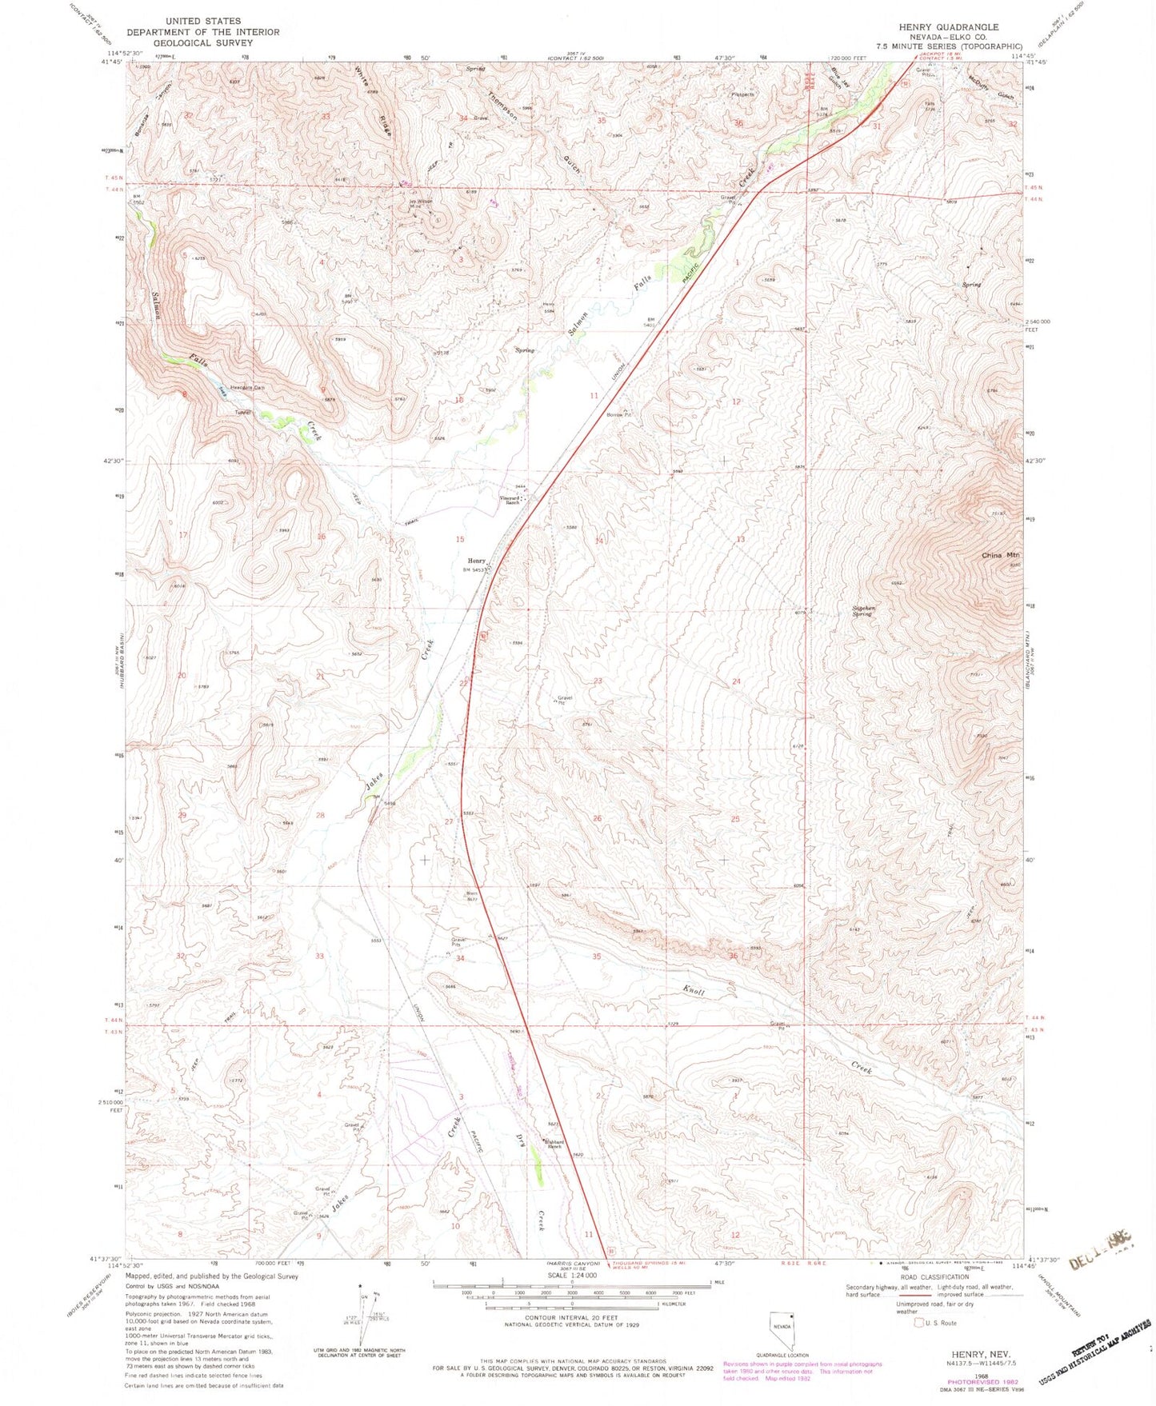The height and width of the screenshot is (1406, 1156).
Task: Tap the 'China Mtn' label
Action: pyautogui.click(x=1002, y=555)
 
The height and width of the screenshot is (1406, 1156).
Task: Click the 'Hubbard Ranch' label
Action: pyautogui.click(x=554, y=1144)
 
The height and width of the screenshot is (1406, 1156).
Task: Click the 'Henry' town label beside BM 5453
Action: pyautogui.click(x=476, y=561)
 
